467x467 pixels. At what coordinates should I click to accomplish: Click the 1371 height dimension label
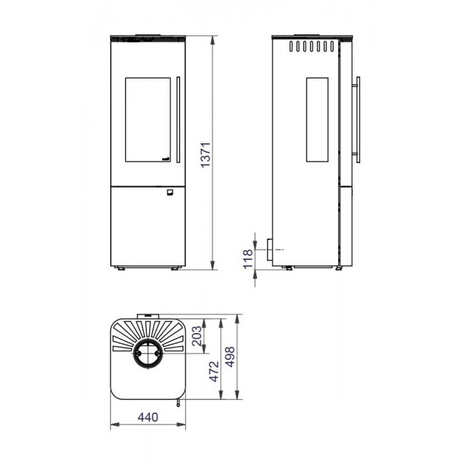pos(206,155)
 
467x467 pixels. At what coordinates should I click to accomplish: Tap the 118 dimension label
pos(248,259)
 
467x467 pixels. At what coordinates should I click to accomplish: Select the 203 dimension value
pos(197,336)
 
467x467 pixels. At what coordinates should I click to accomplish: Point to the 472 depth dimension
pos(214,372)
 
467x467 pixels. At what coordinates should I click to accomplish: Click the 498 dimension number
pos(230,357)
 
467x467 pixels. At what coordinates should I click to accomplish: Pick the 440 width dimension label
pos(148,417)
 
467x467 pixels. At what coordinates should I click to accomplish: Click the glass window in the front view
pos(148,120)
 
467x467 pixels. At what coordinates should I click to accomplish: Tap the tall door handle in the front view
pos(178,120)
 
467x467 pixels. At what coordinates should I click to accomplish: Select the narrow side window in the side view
pos(317,120)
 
